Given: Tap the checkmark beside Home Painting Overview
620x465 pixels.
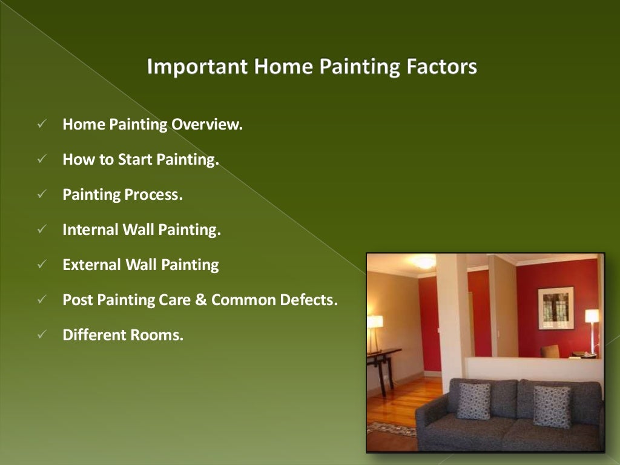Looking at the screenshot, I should click(x=42, y=125).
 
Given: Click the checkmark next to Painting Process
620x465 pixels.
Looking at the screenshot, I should click(x=42, y=195).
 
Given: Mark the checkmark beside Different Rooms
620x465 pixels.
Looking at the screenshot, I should click(x=42, y=335).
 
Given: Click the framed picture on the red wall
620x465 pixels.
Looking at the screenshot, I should click(x=555, y=308).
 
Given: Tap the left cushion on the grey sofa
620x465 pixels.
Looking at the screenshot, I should click(x=473, y=400).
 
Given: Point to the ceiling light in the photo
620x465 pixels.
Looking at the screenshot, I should click(x=424, y=262).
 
